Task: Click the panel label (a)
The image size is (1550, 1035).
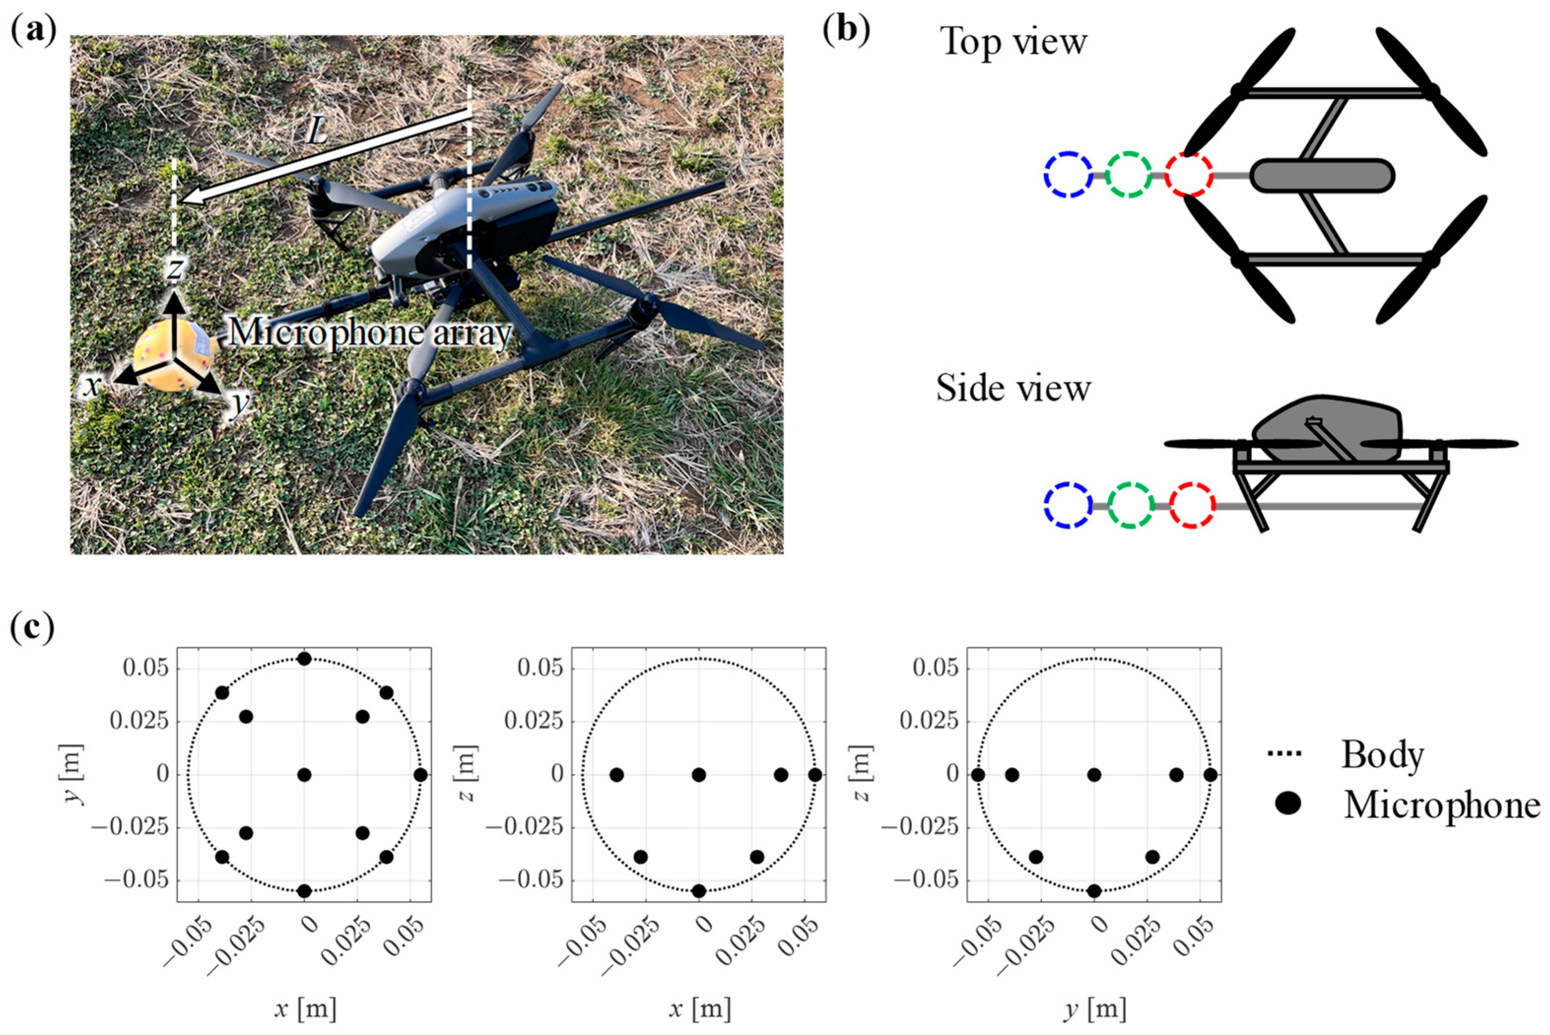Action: (x=33, y=30)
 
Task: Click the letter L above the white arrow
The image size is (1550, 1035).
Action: (x=317, y=134)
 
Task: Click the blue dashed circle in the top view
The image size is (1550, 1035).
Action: (x=1068, y=175)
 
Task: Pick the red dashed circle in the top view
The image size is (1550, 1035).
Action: (x=1188, y=175)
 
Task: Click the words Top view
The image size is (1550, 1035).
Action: (x=1013, y=42)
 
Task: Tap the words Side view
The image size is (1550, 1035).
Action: (x=1013, y=389)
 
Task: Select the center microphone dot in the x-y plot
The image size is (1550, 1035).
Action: (x=304, y=774)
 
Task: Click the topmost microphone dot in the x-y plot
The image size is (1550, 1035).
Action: (x=304, y=659)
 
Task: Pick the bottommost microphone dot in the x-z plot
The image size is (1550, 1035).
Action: (x=699, y=891)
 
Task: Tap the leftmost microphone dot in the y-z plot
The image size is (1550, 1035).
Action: (x=978, y=774)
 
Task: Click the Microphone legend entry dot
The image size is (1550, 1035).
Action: (x=1288, y=805)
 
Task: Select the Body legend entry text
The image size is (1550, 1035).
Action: (x=1382, y=754)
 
